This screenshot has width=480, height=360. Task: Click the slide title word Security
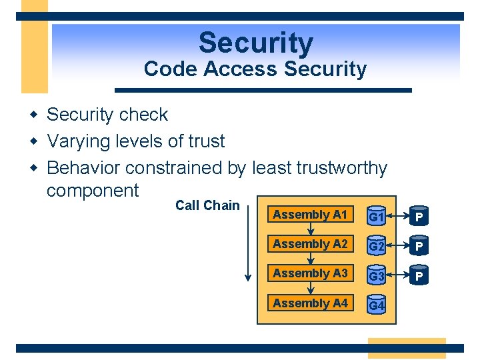pos(255,43)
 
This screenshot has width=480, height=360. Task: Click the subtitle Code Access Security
pos(255,69)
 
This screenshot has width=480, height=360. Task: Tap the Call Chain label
pos(207,205)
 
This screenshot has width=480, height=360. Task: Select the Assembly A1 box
pos(310,215)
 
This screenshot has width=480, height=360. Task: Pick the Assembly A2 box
pos(310,244)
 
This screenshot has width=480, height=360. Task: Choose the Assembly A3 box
pos(310,273)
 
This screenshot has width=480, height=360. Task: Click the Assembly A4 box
pos(310,303)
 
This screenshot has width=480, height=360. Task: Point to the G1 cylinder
pos(377,216)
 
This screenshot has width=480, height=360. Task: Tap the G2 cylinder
pos(377,245)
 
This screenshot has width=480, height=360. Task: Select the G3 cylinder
pos(377,275)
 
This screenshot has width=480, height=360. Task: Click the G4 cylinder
pos(377,305)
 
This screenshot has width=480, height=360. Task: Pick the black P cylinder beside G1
pos(419,217)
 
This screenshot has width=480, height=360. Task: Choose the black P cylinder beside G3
pos(419,275)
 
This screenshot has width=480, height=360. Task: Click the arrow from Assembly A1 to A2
pos(311,229)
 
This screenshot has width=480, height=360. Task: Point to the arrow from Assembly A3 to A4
pos(311,289)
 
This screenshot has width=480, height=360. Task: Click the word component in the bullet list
pos(93,191)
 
